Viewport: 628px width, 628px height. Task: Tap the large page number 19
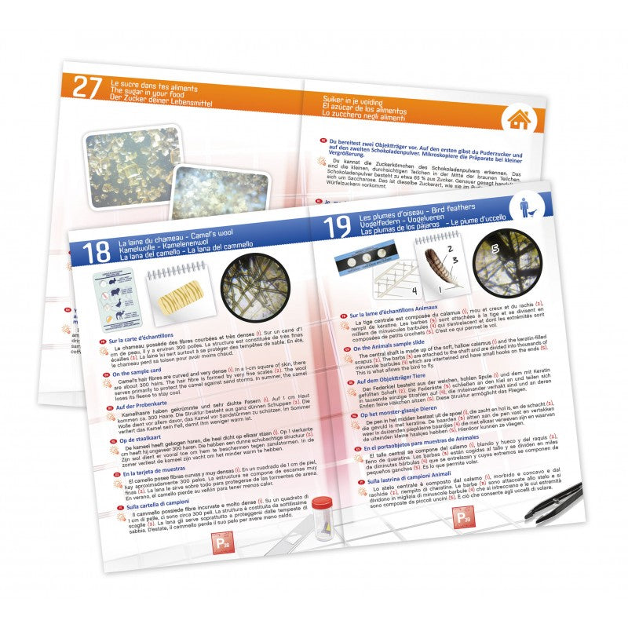[x=337, y=226]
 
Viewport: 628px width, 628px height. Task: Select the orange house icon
[x=517, y=119]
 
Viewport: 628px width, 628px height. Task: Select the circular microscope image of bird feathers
[x=501, y=263]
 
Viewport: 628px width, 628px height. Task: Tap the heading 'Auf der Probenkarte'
[x=141, y=407]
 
